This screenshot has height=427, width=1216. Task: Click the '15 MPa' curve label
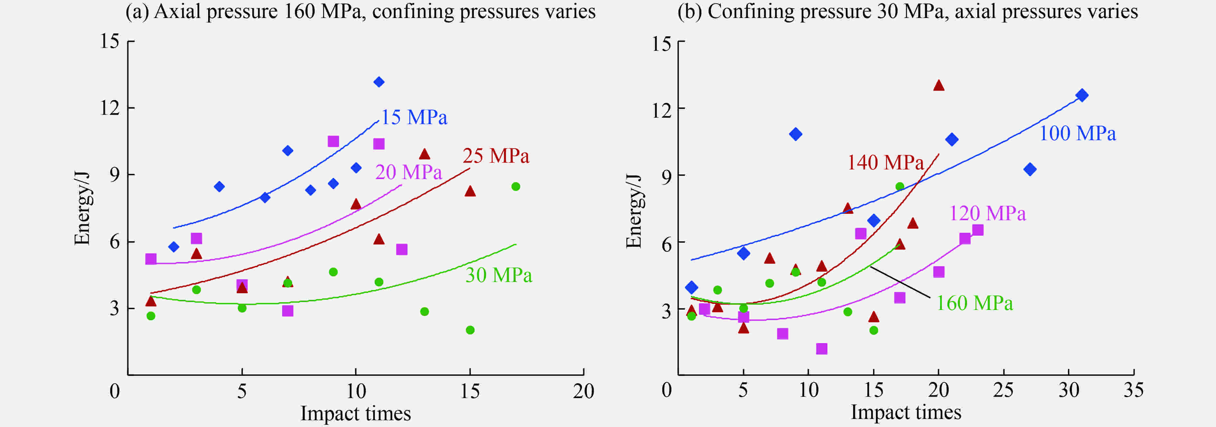pyautogui.click(x=414, y=117)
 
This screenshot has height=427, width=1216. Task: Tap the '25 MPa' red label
pyautogui.click(x=496, y=156)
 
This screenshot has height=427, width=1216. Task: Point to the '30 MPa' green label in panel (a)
pyautogui.click(x=499, y=275)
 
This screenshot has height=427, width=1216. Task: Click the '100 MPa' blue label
pyautogui.click(x=1078, y=133)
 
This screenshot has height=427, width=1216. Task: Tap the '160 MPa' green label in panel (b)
pyautogui.click(x=974, y=303)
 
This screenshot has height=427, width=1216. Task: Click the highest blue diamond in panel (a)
pyautogui.click(x=379, y=82)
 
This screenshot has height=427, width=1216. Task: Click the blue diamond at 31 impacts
pyautogui.click(x=1082, y=95)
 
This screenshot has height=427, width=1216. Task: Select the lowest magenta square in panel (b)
pyautogui.click(x=821, y=349)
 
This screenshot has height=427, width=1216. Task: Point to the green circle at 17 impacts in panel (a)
pyautogui.click(x=515, y=186)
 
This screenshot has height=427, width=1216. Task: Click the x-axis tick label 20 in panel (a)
pyautogui.click(x=584, y=391)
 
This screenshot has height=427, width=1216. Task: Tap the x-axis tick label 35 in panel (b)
pyautogui.click(x=1133, y=390)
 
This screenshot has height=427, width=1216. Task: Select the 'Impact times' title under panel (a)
pyautogui.click(x=355, y=413)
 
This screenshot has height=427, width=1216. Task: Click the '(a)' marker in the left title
pyautogui.click(x=137, y=11)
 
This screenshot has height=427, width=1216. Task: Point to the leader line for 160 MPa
pyautogui.click(x=900, y=282)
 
